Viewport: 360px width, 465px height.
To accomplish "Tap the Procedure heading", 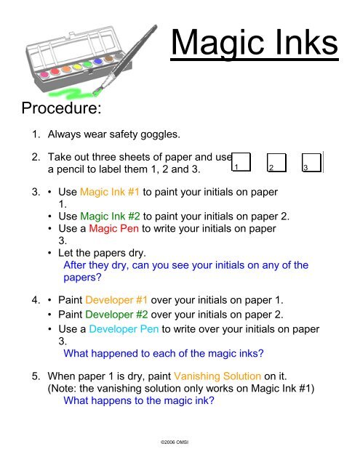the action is click(61, 108).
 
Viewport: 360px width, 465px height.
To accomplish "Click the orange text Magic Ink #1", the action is click(110, 192).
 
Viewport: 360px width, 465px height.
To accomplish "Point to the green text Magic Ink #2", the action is click(110, 217).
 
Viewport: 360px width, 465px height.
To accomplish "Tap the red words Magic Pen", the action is click(113, 228).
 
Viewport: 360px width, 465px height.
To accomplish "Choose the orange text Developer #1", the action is click(116, 300).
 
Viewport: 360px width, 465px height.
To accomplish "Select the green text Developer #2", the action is click(116, 315).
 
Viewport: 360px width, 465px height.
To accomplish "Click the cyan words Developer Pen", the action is click(124, 329).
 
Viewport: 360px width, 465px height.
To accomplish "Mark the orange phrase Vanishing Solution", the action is click(217, 376).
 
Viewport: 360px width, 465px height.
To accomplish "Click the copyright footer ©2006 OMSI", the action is click(175, 442).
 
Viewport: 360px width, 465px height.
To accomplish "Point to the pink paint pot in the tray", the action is click(44, 74).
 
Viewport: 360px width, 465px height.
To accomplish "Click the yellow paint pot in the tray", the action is click(77, 67).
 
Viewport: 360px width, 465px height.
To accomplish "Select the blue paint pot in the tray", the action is click(97, 61).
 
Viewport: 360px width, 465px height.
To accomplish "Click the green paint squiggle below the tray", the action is click(71, 92).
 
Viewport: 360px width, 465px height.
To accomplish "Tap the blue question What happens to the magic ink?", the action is click(139, 400).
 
